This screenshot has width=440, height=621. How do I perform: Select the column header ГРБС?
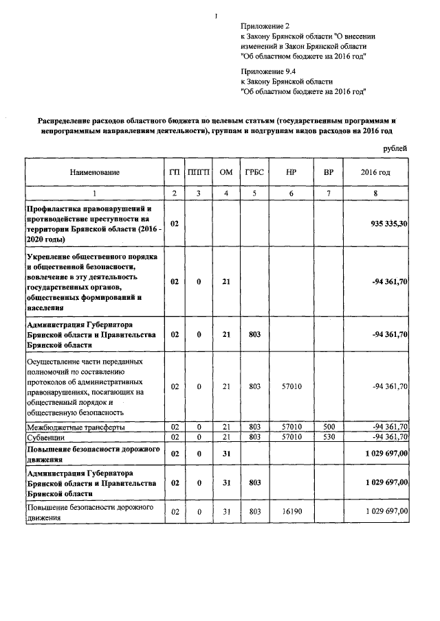click(x=254, y=172)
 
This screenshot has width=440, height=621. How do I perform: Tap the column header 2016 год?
click(x=375, y=172)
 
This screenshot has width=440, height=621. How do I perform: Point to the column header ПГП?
click(x=199, y=172)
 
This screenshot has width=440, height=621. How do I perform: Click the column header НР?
click(x=291, y=172)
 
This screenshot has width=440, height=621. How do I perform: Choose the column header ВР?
click(x=329, y=172)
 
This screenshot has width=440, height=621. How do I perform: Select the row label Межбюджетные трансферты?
click(x=76, y=427)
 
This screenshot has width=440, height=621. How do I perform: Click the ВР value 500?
click(x=329, y=427)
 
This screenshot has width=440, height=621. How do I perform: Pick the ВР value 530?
click(x=329, y=436)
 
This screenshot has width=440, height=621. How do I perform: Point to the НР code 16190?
click(x=292, y=511)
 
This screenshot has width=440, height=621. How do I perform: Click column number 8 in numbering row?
click(x=375, y=194)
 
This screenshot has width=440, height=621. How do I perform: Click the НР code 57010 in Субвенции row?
click(x=292, y=436)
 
